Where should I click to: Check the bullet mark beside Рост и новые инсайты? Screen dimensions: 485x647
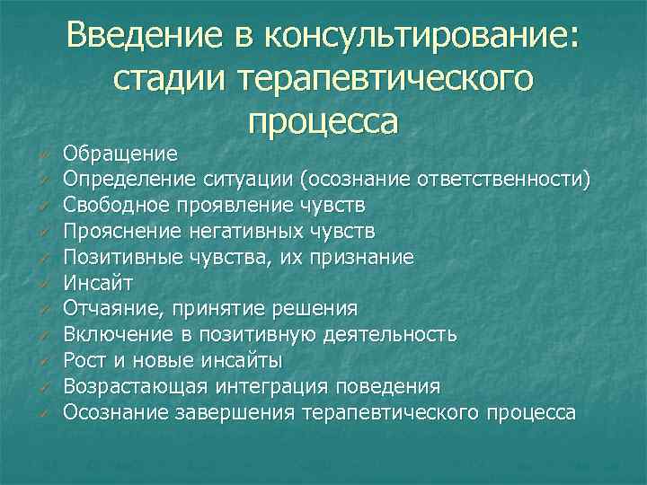point(42,361)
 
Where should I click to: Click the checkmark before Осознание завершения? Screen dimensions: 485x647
point(42,413)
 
